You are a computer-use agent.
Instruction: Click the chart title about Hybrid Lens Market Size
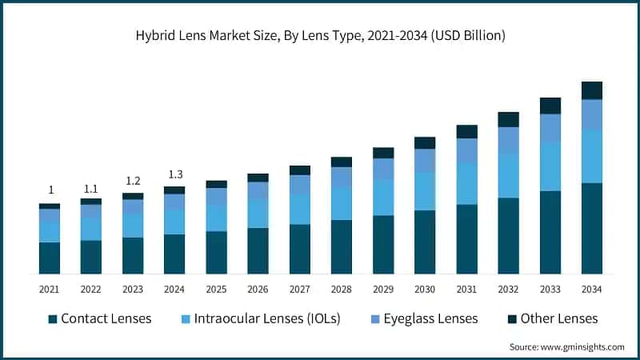click(320, 35)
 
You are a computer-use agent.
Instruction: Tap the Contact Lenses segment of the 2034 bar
click(592, 229)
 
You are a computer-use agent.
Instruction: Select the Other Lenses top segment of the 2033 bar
click(550, 106)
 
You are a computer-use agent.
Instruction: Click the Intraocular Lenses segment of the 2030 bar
click(425, 191)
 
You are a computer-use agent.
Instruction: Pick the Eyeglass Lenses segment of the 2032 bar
click(509, 140)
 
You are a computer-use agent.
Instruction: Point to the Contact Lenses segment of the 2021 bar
click(50, 258)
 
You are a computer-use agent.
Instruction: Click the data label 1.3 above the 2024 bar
click(174, 174)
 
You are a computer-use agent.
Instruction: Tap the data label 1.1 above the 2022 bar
click(91, 189)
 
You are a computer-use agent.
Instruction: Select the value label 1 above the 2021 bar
click(50, 190)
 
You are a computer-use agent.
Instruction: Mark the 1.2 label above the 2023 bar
click(133, 181)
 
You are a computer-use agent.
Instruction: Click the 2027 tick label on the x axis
click(300, 289)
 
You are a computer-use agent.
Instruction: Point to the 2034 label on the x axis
click(592, 289)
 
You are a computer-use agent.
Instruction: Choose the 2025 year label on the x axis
click(216, 289)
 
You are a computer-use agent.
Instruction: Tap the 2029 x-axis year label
click(383, 289)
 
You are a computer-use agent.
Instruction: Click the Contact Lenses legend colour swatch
click(53, 319)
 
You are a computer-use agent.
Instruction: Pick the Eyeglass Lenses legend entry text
click(430, 318)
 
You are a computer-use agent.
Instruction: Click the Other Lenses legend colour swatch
click(510, 319)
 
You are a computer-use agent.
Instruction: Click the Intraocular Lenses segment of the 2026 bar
click(258, 214)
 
